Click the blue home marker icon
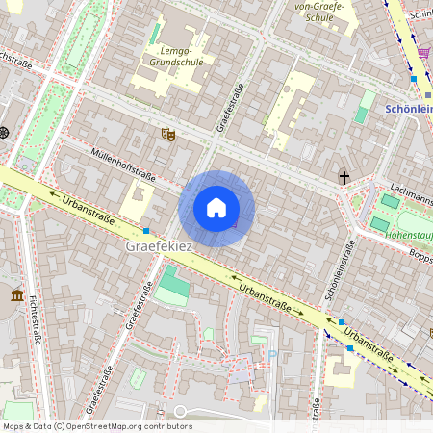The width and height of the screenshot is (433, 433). point(216,208)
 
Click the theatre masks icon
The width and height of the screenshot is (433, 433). point(167,136)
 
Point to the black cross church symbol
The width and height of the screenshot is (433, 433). point(344,177)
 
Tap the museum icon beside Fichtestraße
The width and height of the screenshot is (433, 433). point(17,295)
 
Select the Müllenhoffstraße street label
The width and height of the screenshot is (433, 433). point(122,160)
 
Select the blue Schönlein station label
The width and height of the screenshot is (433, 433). point(408,109)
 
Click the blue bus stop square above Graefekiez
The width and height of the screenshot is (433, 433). point(146,231)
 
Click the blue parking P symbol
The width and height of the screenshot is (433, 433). point(271,354)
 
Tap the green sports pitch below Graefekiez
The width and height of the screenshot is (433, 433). point(173,286)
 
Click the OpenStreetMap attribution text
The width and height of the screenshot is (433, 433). point(96,426)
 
